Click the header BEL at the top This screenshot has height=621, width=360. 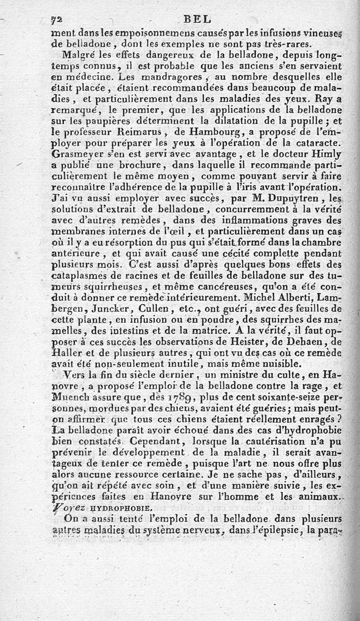[x=197, y=19]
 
